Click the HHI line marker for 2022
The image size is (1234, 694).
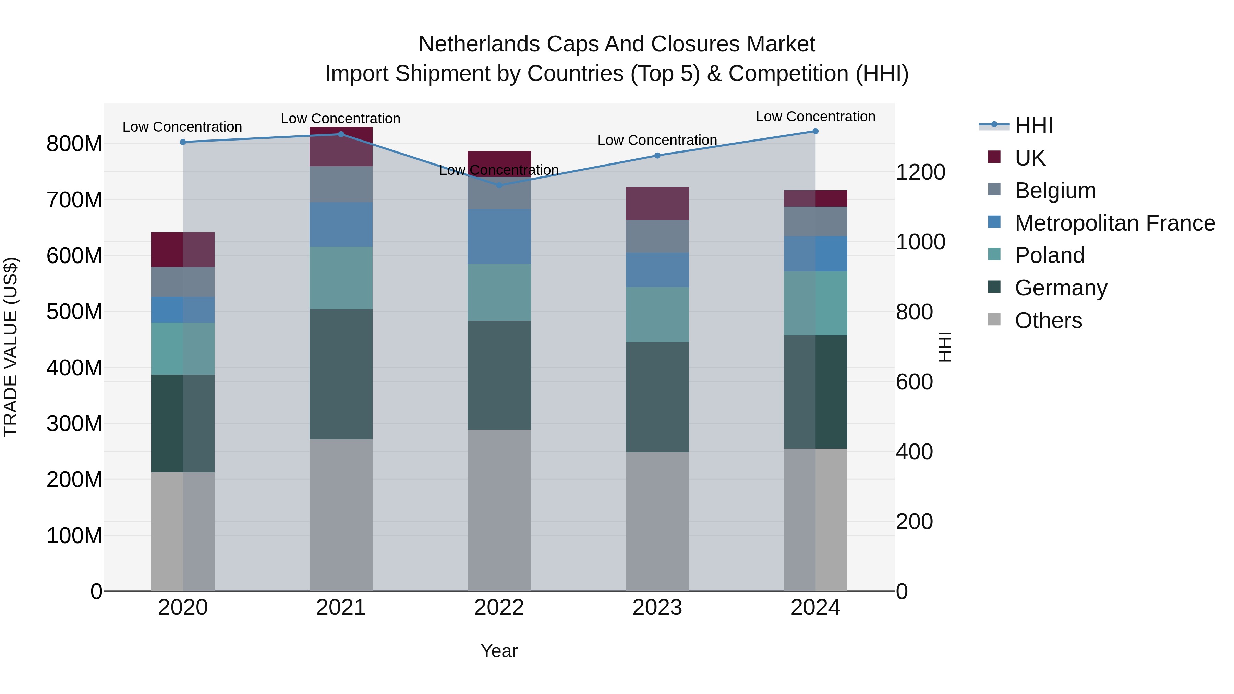[x=499, y=185]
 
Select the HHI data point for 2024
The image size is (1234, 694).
[x=815, y=131]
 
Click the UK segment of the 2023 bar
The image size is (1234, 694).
[x=657, y=204]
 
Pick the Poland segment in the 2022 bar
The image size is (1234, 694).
[x=499, y=292]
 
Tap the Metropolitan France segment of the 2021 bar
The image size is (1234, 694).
[x=341, y=224]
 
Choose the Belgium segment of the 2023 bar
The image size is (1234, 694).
[x=657, y=236]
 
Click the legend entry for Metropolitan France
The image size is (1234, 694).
[x=1114, y=223]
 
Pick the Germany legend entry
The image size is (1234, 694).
[x=1061, y=288]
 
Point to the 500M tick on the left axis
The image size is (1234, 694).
[x=74, y=312]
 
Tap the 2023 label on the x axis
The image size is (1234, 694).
[x=657, y=607]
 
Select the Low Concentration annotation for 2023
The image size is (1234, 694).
[x=657, y=140]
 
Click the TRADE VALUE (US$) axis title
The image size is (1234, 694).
[x=11, y=347]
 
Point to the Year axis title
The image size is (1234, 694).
[x=499, y=651]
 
